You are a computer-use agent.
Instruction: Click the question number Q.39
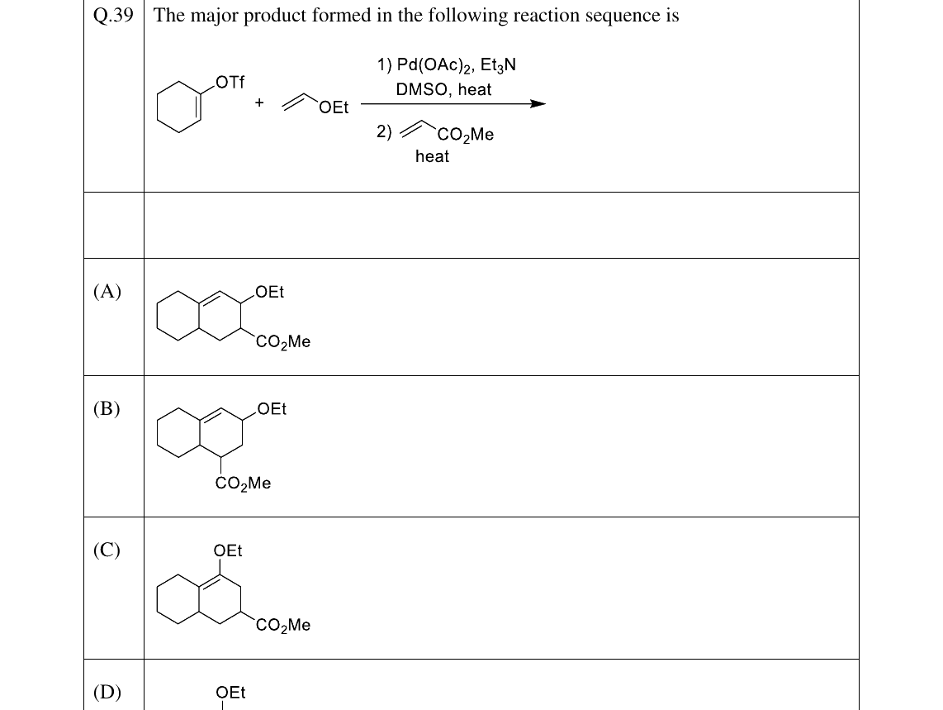(113, 15)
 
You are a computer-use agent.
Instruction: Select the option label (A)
(107, 292)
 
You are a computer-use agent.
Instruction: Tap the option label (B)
(107, 409)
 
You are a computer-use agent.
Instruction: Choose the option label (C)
(107, 550)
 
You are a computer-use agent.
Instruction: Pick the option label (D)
(107, 692)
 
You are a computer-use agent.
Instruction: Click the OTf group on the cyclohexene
(230, 82)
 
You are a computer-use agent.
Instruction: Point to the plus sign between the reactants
(259, 102)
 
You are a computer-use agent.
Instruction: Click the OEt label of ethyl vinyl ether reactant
(334, 107)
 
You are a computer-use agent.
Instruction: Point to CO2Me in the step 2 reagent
(466, 134)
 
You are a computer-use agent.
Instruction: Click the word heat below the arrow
(432, 156)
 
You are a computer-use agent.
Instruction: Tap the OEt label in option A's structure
(269, 292)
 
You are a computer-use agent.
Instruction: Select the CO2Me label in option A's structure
(283, 342)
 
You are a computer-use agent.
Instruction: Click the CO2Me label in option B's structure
(243, 484)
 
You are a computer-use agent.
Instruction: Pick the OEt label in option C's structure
(228, 550)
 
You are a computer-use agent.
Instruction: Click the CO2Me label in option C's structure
(283, 625)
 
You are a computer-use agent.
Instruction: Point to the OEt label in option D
(230, 693)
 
